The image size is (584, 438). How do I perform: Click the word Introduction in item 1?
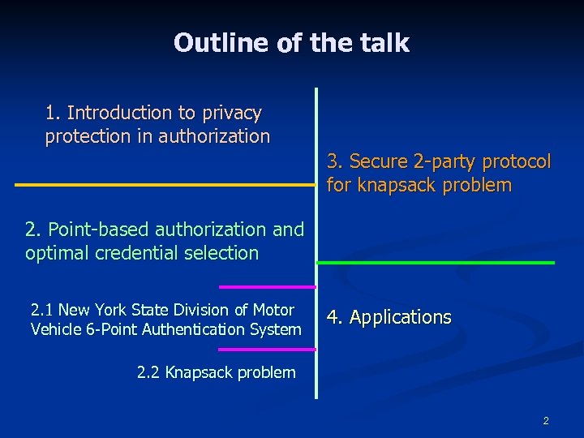click(120, 113)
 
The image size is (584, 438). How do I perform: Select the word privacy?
click(229, 113)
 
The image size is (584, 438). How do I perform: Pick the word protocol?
click(517, 162)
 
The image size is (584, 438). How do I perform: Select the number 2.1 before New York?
click(41, 310)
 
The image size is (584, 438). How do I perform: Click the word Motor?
click(274, 310)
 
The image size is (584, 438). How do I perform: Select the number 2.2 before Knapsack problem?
click(148, 373)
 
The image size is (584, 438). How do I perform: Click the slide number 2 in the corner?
click(546, 420)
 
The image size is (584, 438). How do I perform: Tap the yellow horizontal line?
click(162, 185)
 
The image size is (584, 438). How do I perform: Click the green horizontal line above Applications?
click(436, 263)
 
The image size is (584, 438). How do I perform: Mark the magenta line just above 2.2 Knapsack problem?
click(267, 350)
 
